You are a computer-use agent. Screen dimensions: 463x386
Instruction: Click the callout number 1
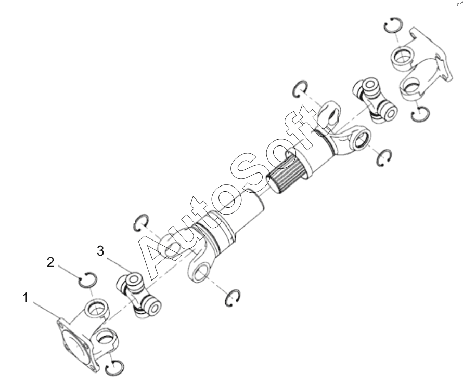tap(26, 298)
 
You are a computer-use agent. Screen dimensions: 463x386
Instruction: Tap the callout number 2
tap(50, 262)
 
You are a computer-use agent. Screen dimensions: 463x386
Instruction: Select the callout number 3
tap(101, 251)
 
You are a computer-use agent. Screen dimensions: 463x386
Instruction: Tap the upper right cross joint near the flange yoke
tap(375, 100)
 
